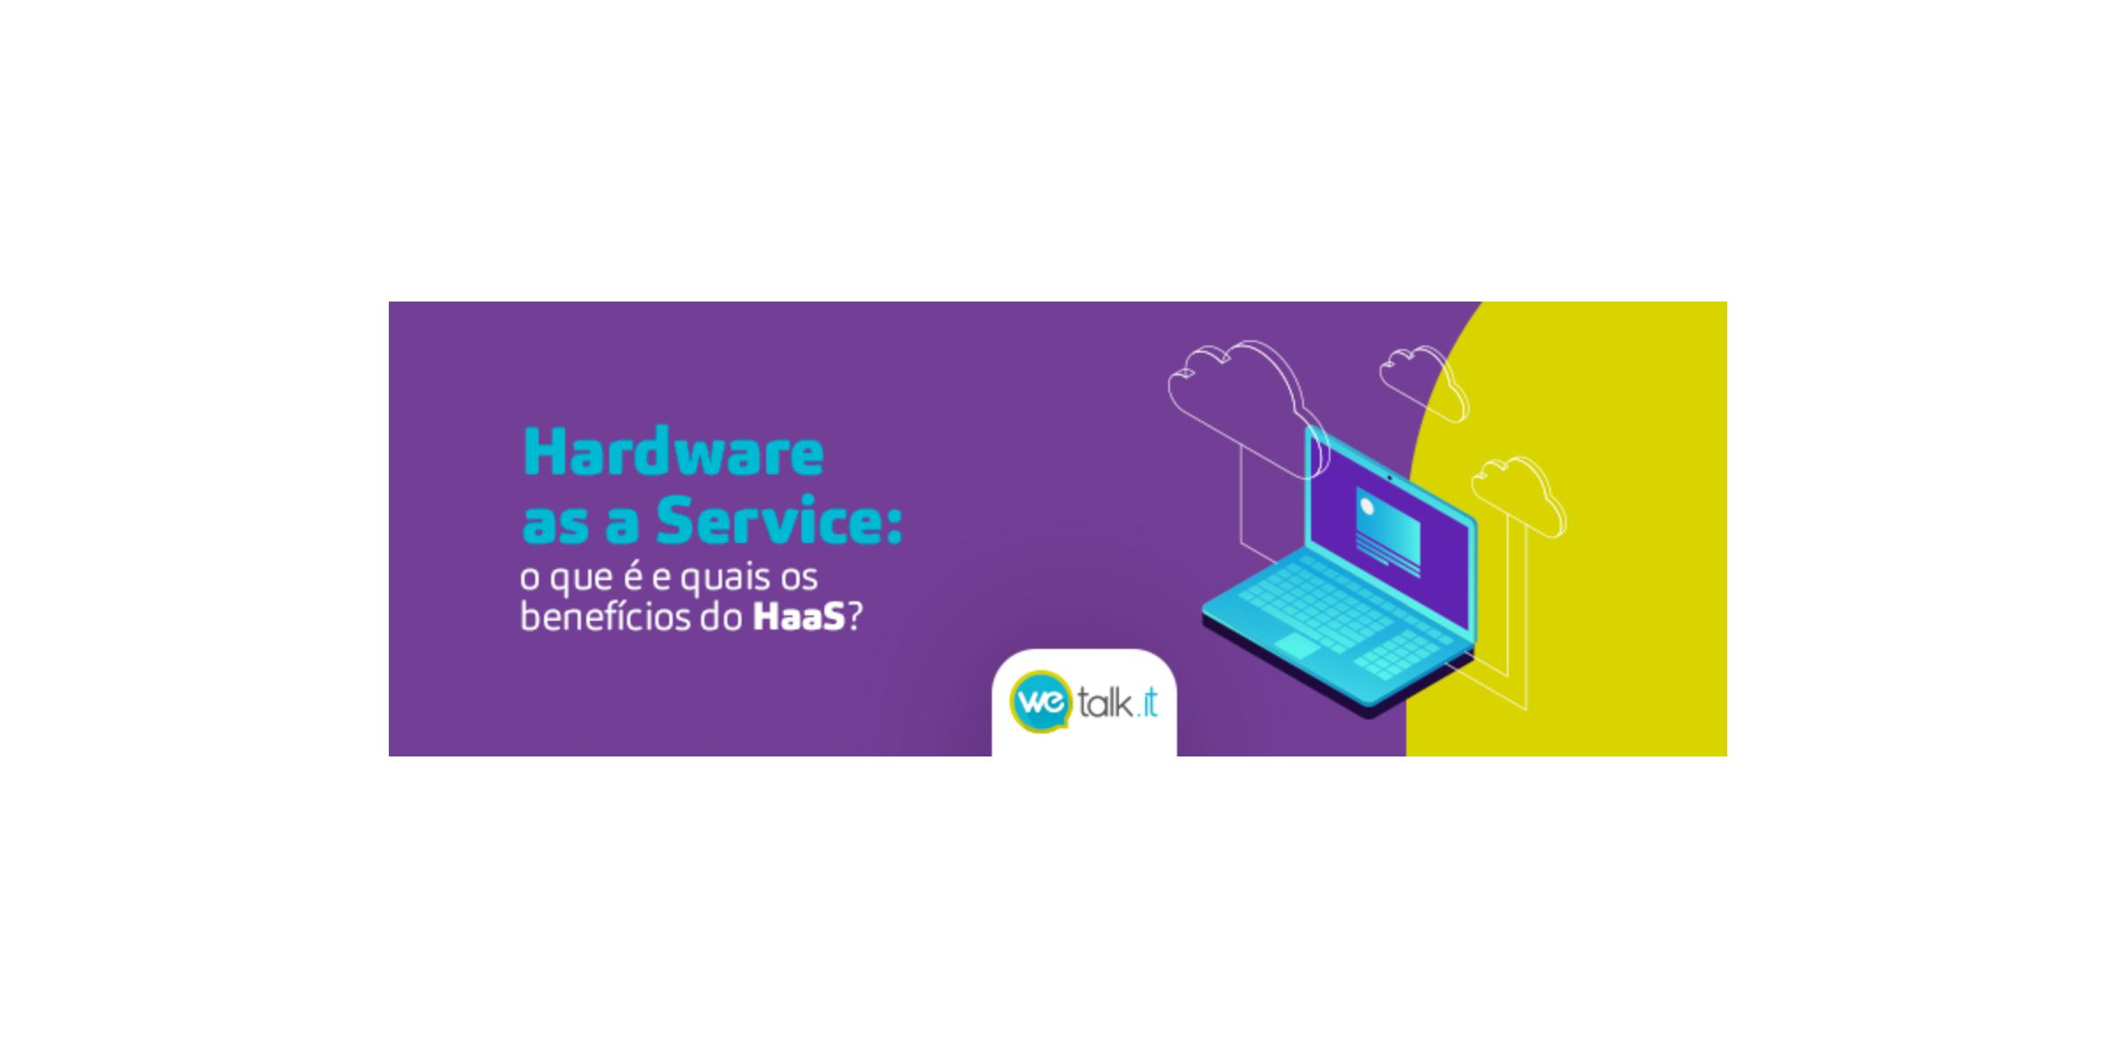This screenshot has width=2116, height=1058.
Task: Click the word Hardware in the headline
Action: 674,454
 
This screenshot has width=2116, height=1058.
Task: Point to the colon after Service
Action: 893,526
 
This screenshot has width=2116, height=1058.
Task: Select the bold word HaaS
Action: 799,616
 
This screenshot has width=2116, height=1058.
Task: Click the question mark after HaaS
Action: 854,616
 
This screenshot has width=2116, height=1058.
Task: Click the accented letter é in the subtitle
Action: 632,577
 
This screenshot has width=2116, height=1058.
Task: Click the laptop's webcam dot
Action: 1390,477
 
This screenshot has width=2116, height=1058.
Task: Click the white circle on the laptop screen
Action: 1367,507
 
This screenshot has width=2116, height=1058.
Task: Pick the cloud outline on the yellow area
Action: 1518,495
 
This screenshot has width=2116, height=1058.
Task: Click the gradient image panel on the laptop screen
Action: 1388,532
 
